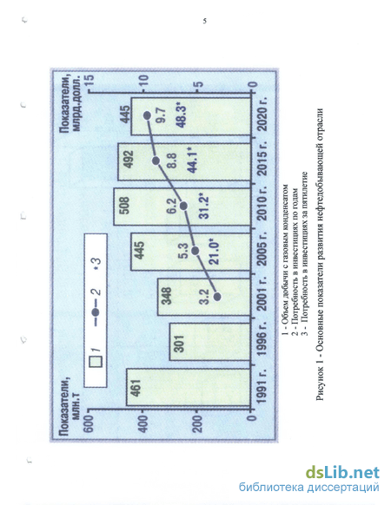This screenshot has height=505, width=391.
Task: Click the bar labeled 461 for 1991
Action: [188, 387]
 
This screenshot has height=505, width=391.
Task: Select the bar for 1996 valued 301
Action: [209, 342]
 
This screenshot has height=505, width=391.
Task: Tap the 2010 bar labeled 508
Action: [182, 207]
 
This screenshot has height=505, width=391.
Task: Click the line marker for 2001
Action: [217, 297]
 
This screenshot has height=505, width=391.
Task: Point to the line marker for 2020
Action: [147, 115]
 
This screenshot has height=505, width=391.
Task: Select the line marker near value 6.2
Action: [183, 206]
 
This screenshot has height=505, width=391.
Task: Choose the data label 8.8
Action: [172, 161]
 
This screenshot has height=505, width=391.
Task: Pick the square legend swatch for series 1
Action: [96, 361]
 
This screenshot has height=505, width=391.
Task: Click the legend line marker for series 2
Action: [96, 312]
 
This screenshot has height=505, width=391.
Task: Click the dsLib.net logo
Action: [342, 473]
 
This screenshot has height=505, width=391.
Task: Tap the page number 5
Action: [204, 21]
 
